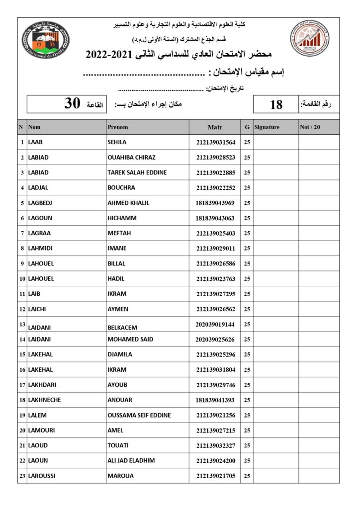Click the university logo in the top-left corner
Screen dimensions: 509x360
[x=46, y=40]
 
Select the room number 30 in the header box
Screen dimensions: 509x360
[x=72, y=103]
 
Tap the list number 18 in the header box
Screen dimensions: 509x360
[x=276, y=104]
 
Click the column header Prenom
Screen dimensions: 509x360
[x=118, y=127]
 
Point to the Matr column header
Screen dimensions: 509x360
[x=215, y=127]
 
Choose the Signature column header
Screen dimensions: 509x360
[x=267, y=127]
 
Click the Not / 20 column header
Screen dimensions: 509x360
[x=311, y=127]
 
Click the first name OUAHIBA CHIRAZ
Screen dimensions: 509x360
[x=131, y=158]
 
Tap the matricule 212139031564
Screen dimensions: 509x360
[x=215, y=143]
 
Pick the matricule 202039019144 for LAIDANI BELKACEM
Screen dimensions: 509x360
[x=215, y=324]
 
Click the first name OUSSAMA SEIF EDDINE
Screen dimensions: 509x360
[x=139, y=416]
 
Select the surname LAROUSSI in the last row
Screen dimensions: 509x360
[x=42, y=476]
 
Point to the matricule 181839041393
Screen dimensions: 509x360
[x=215, y=400]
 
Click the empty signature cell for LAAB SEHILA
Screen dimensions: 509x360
[x=275, y=143]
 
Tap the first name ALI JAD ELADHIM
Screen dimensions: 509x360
[x=131, y=461]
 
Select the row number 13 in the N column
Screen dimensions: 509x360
[x=22, y=324]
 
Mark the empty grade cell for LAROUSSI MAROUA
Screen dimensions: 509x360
[x=318, y=476]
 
